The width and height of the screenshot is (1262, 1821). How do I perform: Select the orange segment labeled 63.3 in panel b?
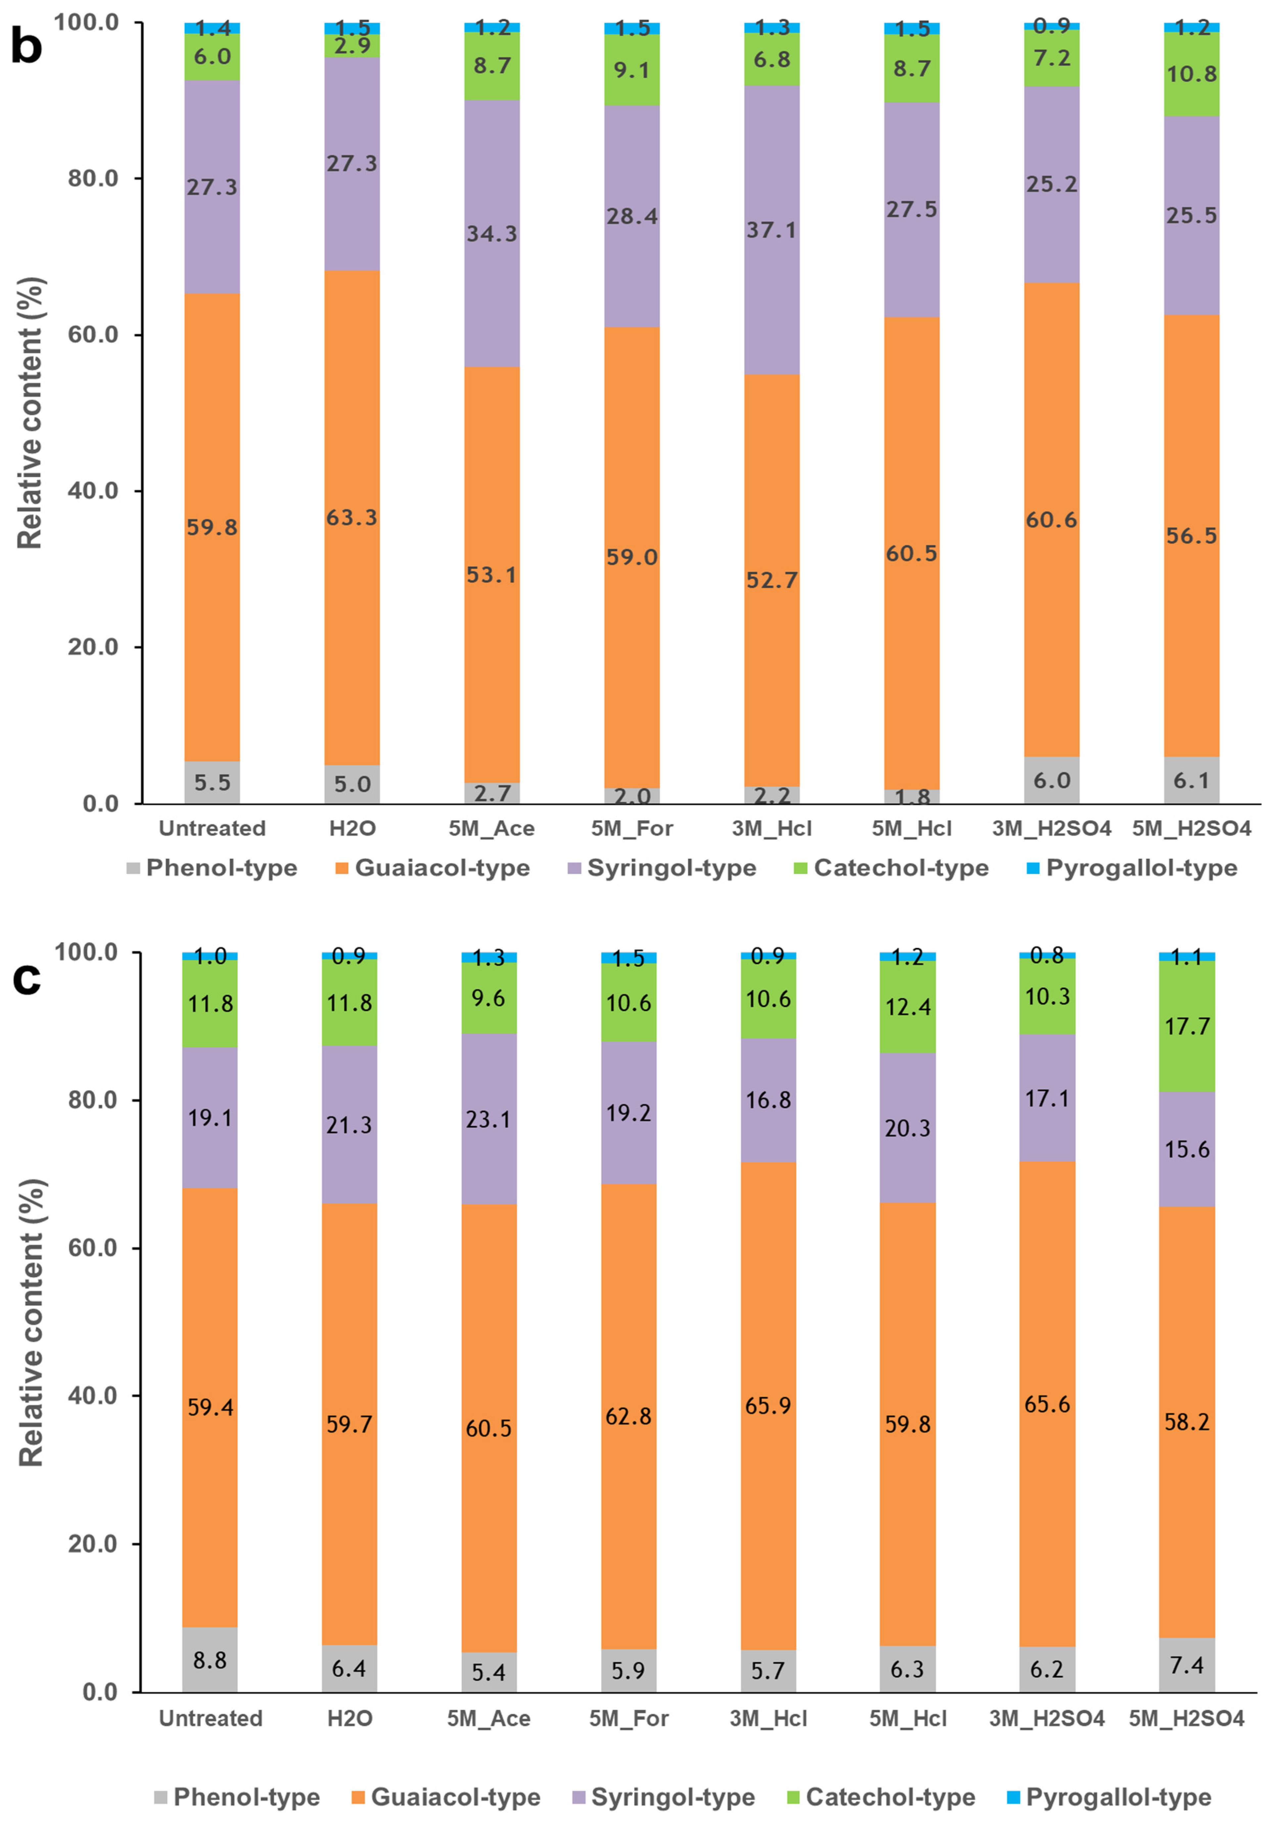click(x=352, y=518)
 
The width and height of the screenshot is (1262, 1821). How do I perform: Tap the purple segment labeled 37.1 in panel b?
click(x=772, y=229)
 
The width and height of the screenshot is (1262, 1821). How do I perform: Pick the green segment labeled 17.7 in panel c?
click(x=1187, y=1026)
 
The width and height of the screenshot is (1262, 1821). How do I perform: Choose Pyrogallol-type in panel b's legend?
click(x=1131, y=868)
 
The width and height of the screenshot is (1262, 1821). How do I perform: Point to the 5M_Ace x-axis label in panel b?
click(x=491, y=828)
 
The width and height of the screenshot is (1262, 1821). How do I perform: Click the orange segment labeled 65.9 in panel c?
click(x=768, y=1405)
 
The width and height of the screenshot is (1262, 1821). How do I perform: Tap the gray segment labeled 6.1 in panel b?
click(x=1192, y=780)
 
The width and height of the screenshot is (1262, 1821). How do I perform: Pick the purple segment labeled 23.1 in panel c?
click(x=489, y=1119)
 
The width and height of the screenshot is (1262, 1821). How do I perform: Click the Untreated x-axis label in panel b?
click(x=212, y=828)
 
